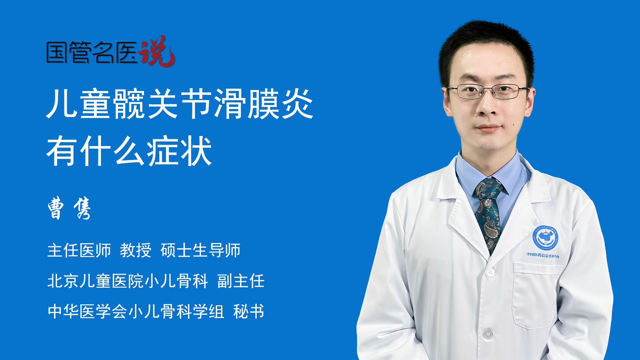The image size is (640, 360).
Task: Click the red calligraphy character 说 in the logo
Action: coord(157,51)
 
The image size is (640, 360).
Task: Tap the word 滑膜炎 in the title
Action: coord(264,104)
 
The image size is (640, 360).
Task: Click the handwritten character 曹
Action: coord(56,208)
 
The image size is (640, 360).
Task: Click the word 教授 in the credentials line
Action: coord(136,250)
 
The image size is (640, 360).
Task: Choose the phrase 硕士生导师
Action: coord(200,250)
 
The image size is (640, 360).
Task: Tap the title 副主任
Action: coord(241,281)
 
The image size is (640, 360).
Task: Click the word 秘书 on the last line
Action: coord(249,312)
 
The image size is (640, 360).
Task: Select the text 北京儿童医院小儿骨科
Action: coord(128,281)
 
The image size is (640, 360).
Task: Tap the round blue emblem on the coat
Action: coord(545,238)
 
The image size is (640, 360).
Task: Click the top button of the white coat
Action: coord(490,273)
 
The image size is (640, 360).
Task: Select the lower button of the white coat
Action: coord(488,334)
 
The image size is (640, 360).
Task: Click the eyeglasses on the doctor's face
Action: coord(488,91)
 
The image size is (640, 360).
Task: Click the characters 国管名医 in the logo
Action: coord(92,52)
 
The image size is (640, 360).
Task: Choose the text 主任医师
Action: coord(79,250)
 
